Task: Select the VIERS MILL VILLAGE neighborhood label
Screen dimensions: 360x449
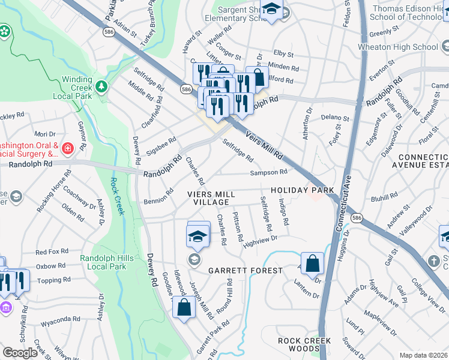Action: coord(217,198)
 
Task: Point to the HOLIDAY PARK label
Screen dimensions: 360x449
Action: coord(302,190)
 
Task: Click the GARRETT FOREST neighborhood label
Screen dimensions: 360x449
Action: coord(245,271)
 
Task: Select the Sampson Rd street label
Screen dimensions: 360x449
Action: coord(269,172)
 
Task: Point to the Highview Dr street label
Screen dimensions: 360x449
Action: coord(259,239)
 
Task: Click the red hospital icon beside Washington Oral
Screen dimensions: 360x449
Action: coord(68,147)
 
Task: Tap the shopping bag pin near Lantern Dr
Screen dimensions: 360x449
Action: coord(312,263)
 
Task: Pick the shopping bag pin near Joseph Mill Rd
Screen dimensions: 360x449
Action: coord(184,308)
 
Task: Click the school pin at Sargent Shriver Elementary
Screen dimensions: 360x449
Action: coord(272,10)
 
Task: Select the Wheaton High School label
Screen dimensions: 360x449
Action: coord(406,47)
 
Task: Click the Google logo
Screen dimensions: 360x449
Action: coord(20,353)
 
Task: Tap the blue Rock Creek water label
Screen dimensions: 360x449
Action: coord(117,196)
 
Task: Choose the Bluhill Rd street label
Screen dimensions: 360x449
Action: coord(385,196)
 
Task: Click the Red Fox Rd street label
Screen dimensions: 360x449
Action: coord(50,252)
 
